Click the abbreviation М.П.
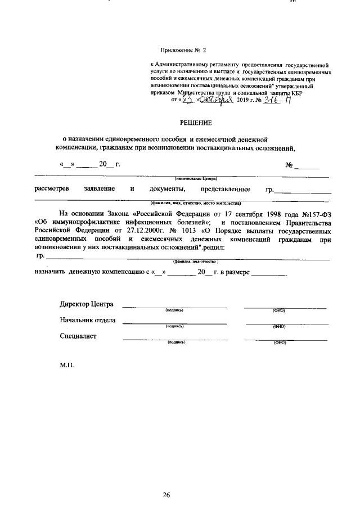tap(67, 364)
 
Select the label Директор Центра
tap(87, 304)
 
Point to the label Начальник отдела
tap(88, 321)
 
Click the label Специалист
tap(78, 336)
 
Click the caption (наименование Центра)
tap(195, 178)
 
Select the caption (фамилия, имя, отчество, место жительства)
tap(195, 202)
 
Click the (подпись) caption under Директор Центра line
tap(174, 310)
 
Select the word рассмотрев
tap(52, 189)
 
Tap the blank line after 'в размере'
tap(269, 273)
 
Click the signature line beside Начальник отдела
tap(174, 323)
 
